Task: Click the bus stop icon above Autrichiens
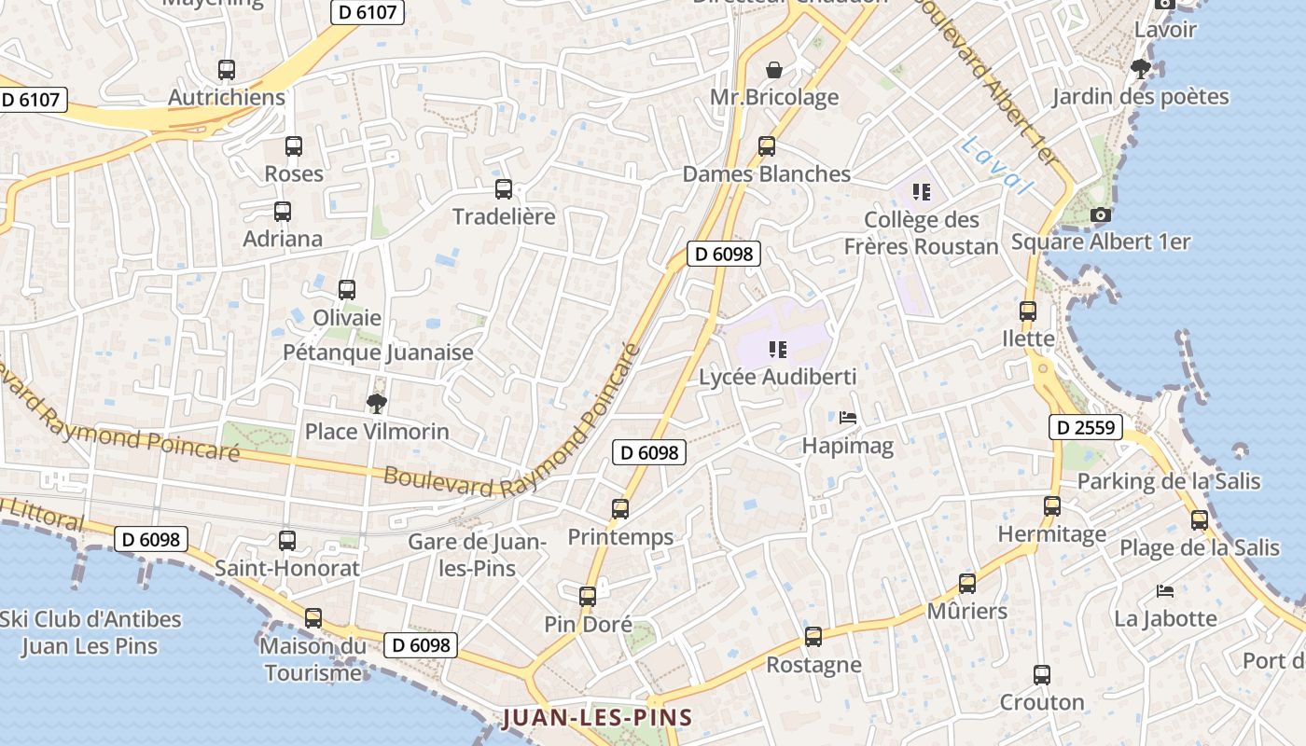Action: tap(227, 70)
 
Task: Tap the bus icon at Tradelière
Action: tap(504, 189)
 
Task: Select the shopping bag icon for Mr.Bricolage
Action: tap(774, 70)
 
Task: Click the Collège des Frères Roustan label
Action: tap(922, 232)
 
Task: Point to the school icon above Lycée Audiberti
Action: tap(777, 350)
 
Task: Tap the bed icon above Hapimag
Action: tap(847, 418)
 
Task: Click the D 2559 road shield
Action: tap(1086, 427)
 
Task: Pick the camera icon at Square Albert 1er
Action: tap(1101, 215)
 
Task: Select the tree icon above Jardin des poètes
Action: tap(1140, 68)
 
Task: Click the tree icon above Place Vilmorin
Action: tap(377, 404)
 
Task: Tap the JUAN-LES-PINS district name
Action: tap(598, 717)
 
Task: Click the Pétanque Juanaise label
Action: tap(378, 352)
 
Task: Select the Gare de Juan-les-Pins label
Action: tap(478, 554)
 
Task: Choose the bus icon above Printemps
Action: tap(620, 509)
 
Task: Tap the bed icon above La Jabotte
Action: tap(1164, 590)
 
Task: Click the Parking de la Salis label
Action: tap(1169, 481)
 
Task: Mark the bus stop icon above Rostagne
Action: tap(813, 637)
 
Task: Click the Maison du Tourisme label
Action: tap(313, 658)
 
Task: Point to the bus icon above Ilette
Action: tap(1028, 311)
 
